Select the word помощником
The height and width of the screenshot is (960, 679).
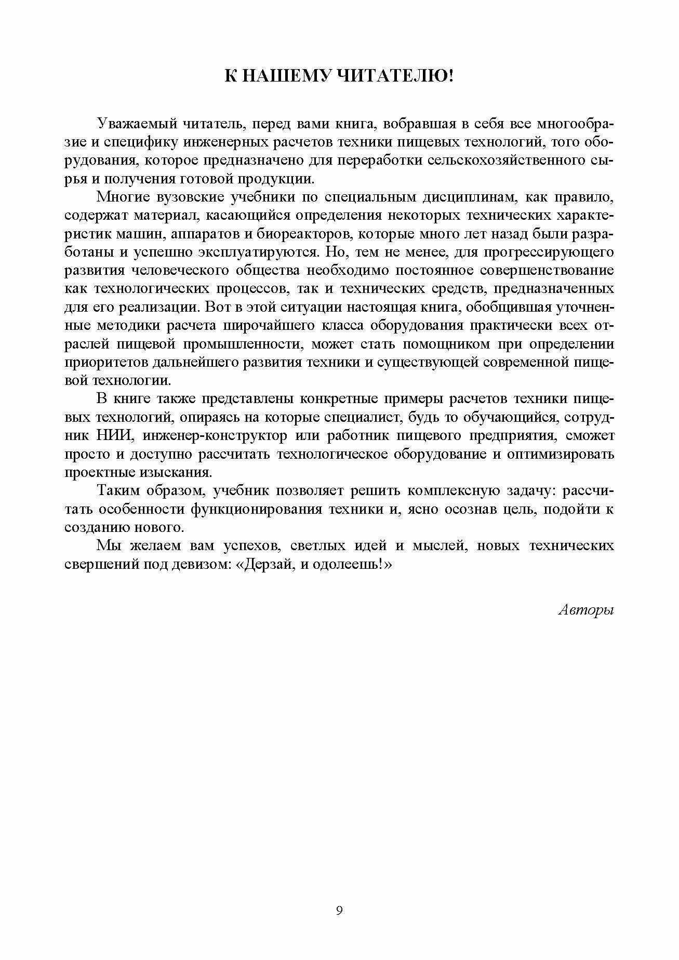[446, 344]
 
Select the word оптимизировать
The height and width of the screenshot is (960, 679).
[564, 454]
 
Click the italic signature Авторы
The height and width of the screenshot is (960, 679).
[587, 610]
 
